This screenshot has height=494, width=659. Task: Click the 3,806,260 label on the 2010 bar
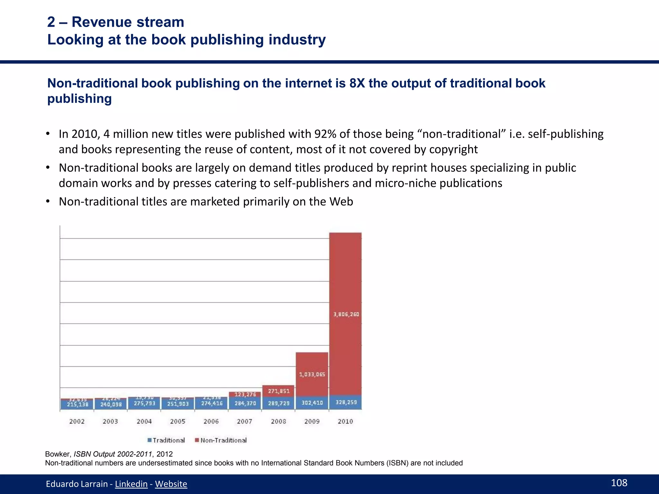pos(346,314)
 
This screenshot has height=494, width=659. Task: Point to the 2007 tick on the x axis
pos(245,421)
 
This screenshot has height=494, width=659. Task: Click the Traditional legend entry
pos(166,440)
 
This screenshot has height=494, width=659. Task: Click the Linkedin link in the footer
pos(131,484)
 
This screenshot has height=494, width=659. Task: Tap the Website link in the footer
pos(171,484)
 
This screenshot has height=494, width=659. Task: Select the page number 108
pos(619,483)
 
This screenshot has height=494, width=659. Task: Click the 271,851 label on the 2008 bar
pos(279,391)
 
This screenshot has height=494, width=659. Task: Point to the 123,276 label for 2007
pos(245,394)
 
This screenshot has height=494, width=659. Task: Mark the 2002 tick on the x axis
pos(77,421)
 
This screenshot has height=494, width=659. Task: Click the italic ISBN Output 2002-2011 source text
pos(113,454)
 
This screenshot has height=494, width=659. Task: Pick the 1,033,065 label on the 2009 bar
pos(312,374)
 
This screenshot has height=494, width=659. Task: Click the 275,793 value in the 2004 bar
pos(144,403)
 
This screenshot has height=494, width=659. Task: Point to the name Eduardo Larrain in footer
pos(77,484)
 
